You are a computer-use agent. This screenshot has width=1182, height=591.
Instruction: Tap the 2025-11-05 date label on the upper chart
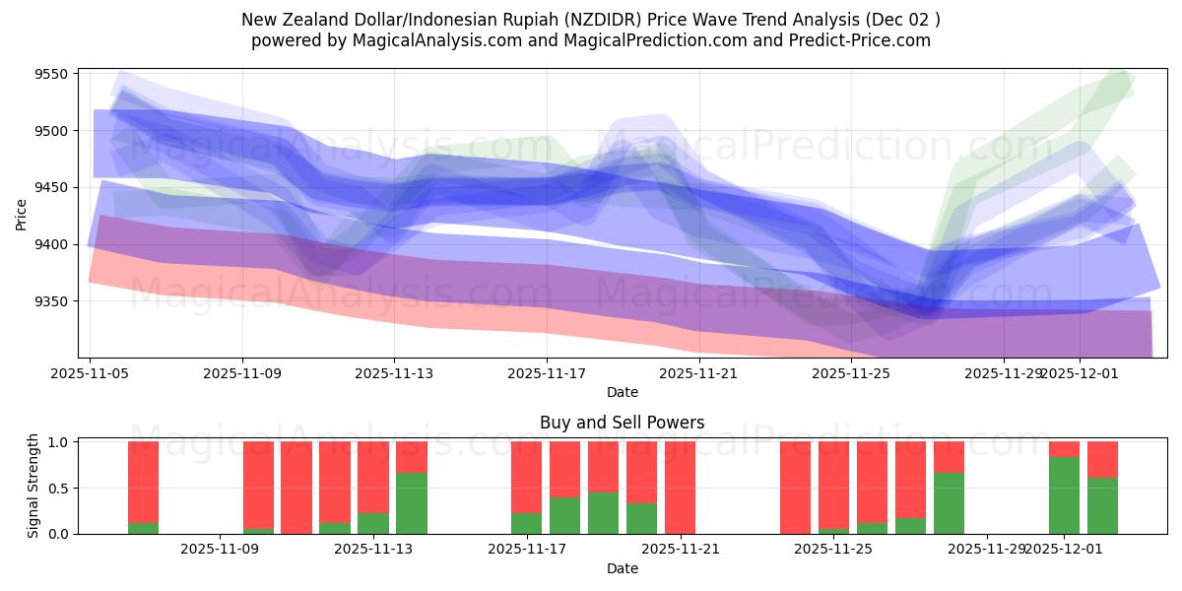pos(91,373)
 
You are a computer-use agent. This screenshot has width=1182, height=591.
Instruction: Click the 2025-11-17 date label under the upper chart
pos(547,373)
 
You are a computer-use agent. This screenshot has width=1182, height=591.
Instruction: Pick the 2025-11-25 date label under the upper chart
pos(851,373)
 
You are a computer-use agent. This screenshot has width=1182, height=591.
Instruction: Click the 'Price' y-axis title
pos(21,214)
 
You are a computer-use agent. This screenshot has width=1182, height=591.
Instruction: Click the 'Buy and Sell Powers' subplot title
pos(622,423)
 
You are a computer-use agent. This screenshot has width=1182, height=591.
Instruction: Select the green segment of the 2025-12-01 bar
pos(1064,495)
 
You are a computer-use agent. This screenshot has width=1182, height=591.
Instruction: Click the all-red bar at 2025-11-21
pos(680,488)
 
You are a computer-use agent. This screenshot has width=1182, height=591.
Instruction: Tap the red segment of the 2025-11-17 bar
pos(527,477)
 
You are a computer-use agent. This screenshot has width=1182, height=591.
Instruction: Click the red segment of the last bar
pos(1102,459)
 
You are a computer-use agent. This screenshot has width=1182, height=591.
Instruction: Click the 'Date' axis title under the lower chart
pos(622,568)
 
